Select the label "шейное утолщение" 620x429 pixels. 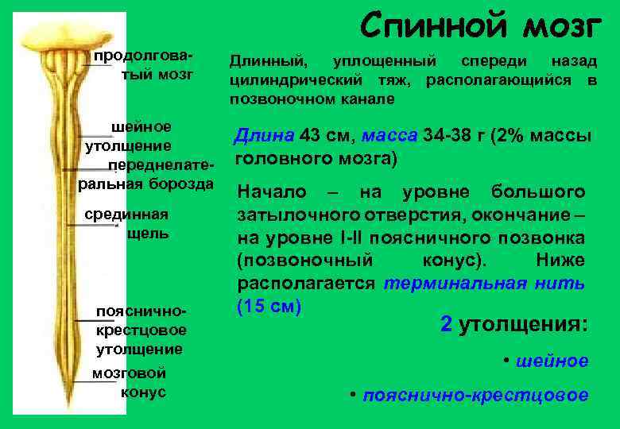point(130,137)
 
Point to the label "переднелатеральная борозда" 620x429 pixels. point(148,175)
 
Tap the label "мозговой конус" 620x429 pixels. point(130,382)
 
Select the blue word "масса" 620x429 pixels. point(389,136)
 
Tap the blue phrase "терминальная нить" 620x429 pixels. point(484,284)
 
